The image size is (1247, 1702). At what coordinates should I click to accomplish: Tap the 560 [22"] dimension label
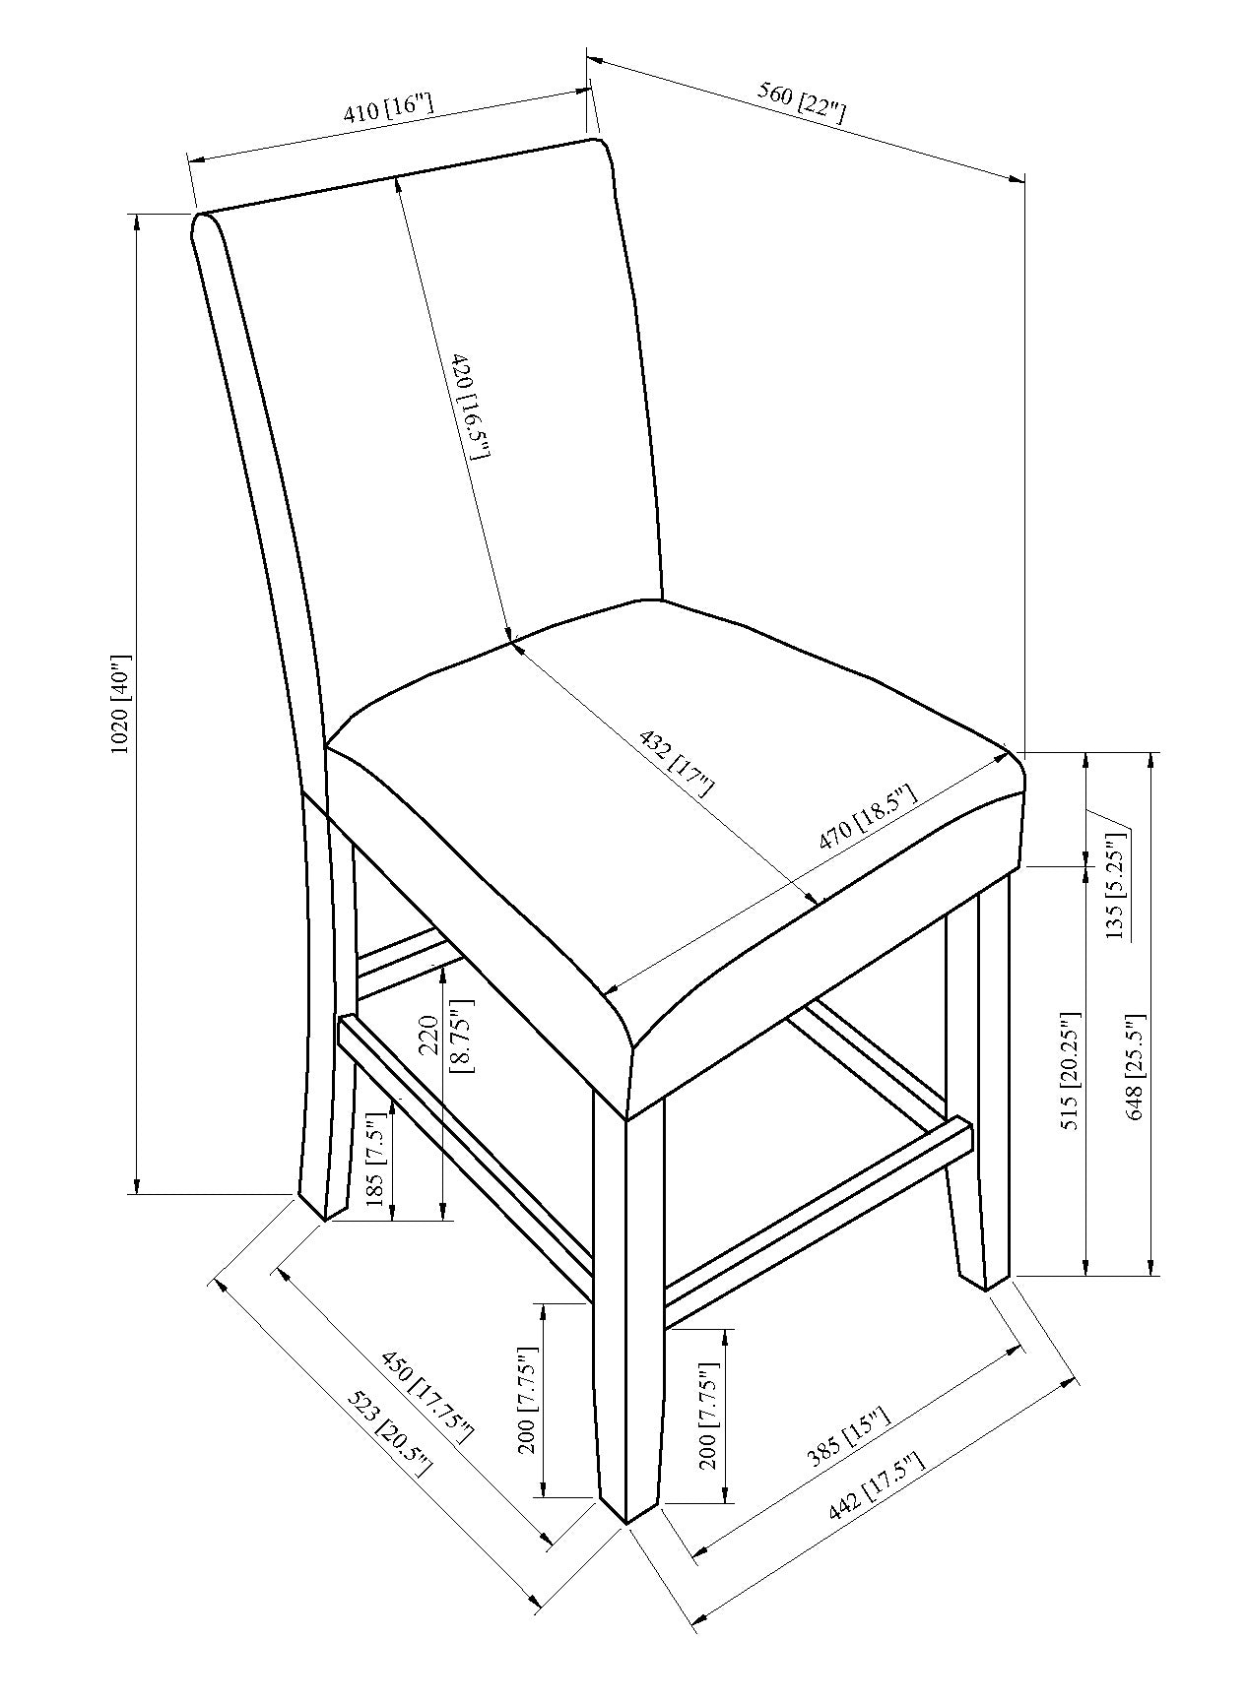pyautogui.click(x=801, y=102)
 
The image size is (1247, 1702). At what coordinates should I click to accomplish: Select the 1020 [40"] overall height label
pyautogui.click(x=120, y=702)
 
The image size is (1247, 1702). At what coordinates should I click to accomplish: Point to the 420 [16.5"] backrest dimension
pyautogui.click(x=465, y=406)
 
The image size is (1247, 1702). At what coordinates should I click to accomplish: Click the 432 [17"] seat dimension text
pyautogui.click(x=677, y=762)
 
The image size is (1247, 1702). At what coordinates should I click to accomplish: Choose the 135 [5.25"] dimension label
pyautogui.click(x=1114, y=886)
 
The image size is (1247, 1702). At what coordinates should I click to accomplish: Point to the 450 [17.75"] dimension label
pyautogui.click(x=427, y=1398)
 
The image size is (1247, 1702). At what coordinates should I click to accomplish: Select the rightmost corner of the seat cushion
pyautogui.click(x=1017, y=761)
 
